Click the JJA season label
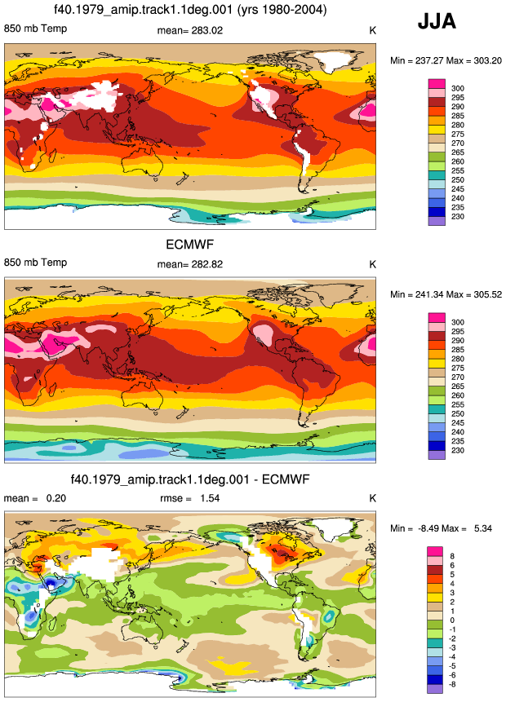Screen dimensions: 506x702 pyautogui.click(x=437, y=21)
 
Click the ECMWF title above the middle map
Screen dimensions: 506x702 pyautogui.click(x=189, y=245)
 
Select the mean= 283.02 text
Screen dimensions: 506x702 pyautogui.click(x=189, y=30)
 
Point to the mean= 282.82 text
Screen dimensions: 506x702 pyautogui.click(x=189, y=264)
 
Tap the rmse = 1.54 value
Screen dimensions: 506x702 pyautogui.click(x=189, y=498)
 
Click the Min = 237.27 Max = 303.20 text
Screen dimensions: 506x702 pyautogui.click(x=446, y=60)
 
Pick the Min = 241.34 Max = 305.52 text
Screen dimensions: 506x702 pyautogui.click(x=446, y=294)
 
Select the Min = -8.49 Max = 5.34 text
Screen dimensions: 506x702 pyautogui.click(x=441, y=528)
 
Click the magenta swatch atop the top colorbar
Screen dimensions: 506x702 pyautogui.click(x=437, y=84)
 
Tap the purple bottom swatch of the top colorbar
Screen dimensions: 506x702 pyautogui.click(x=437, y=221)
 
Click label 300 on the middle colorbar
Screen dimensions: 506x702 pyautogui.click(x=458, y=322)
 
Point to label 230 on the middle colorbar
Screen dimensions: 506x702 pyautogui.click(x=458, y=450)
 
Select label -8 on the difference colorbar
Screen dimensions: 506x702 pyautogui.click(x=451, y=684)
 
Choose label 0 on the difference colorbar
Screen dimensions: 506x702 pyautogui.click(x=452, y=620)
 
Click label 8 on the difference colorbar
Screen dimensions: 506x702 pyautogui.click(x=452, y=556)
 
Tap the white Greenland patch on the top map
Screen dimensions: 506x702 pyautogui.click(x=331, y=61)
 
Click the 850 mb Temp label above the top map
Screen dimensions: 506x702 pyautogui.click(x=35, y=29)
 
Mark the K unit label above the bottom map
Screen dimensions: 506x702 pyautogui.click(x=372, y=498)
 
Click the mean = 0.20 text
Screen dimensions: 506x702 pyautogui.click(x=35, y=498)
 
